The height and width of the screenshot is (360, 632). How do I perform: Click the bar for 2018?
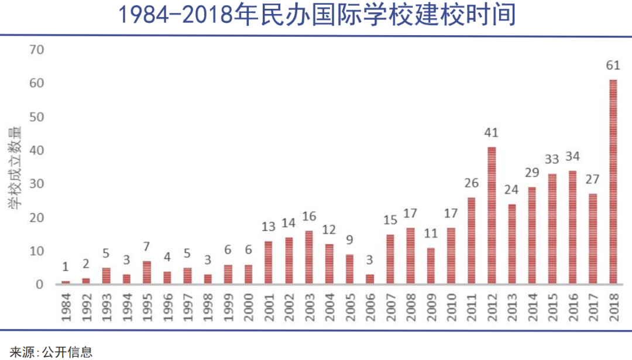613,182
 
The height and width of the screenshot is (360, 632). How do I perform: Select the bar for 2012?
492,215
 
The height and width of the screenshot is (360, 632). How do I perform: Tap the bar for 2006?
370,279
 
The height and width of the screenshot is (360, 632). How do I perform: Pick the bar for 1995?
147,273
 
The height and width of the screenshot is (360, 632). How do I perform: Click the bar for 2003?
309,258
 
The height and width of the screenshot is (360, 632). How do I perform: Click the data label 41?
492,133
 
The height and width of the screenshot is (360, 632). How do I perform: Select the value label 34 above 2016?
573,157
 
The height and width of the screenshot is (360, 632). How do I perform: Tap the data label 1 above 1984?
66,267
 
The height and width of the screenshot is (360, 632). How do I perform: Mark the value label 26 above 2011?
472,183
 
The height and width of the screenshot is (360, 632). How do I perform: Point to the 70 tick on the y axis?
36,50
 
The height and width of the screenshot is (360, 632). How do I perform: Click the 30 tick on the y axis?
36,184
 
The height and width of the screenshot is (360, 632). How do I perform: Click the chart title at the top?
317,15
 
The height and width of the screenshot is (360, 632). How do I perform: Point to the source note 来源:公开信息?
51,351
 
